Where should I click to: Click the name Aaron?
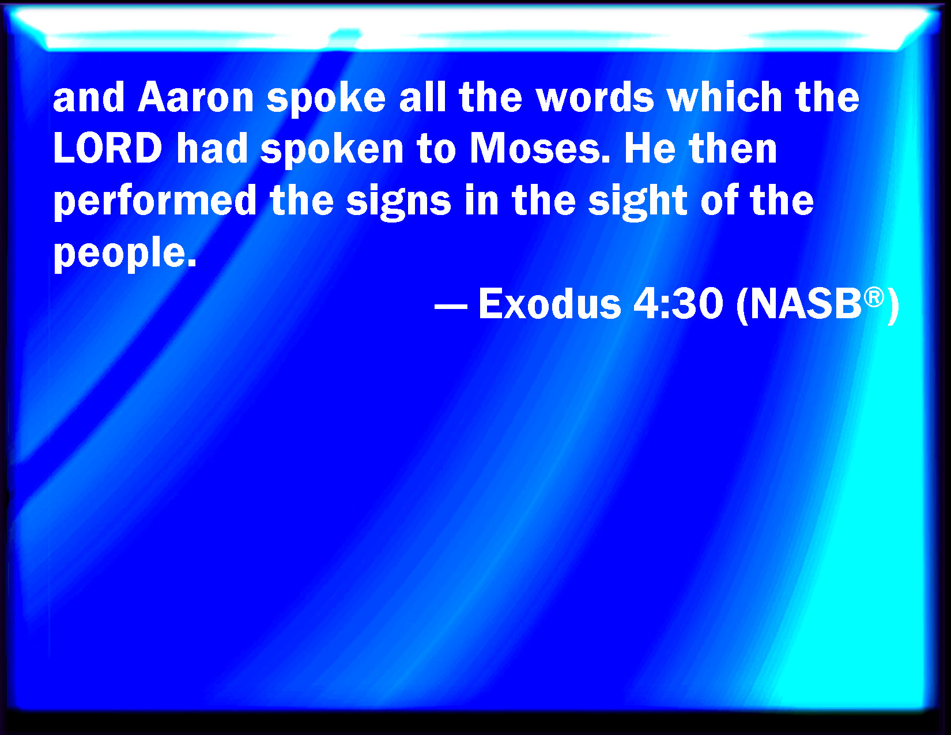(195, 97)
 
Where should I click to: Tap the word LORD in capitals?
(108, 148)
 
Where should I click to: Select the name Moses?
(539, 148)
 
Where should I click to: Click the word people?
(124, 254)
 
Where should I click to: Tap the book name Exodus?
(550, 304)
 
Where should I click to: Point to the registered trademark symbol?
(874, 297)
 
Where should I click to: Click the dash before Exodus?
(451, 306)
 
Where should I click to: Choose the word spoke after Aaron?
(326, 100)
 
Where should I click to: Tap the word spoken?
(332, 151)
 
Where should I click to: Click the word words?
(595, 97)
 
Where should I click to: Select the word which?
(724, 97)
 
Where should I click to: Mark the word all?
(422, 97)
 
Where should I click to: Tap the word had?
(212, 148)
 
